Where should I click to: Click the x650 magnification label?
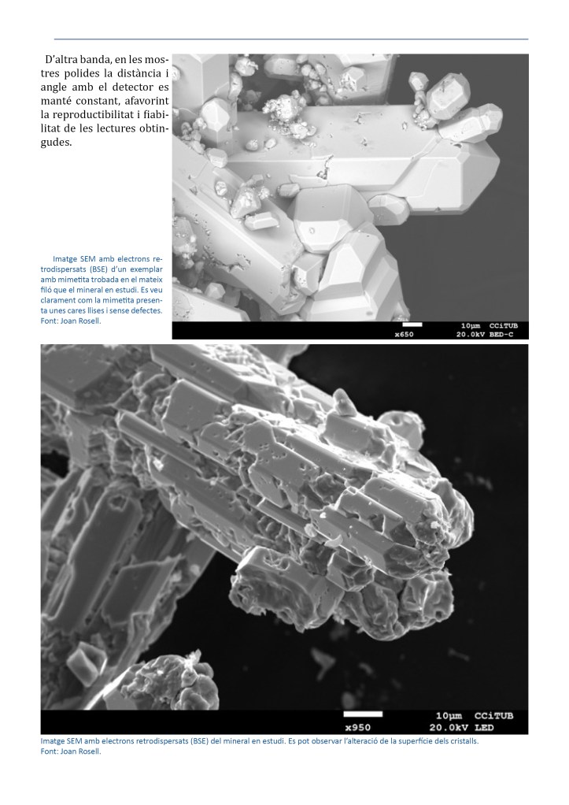click(x=404, y=334)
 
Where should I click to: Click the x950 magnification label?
click(x=357, y=727)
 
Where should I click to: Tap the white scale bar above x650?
click(x=412, y=324)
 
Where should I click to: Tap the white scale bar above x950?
click(x=363, y=714)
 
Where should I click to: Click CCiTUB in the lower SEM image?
click(x=493, y=715)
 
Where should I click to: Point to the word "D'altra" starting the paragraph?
click(x=63, y=59)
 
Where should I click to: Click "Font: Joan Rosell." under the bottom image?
click(x=71, y=751)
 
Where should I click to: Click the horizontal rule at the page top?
click(x=290, y=39)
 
